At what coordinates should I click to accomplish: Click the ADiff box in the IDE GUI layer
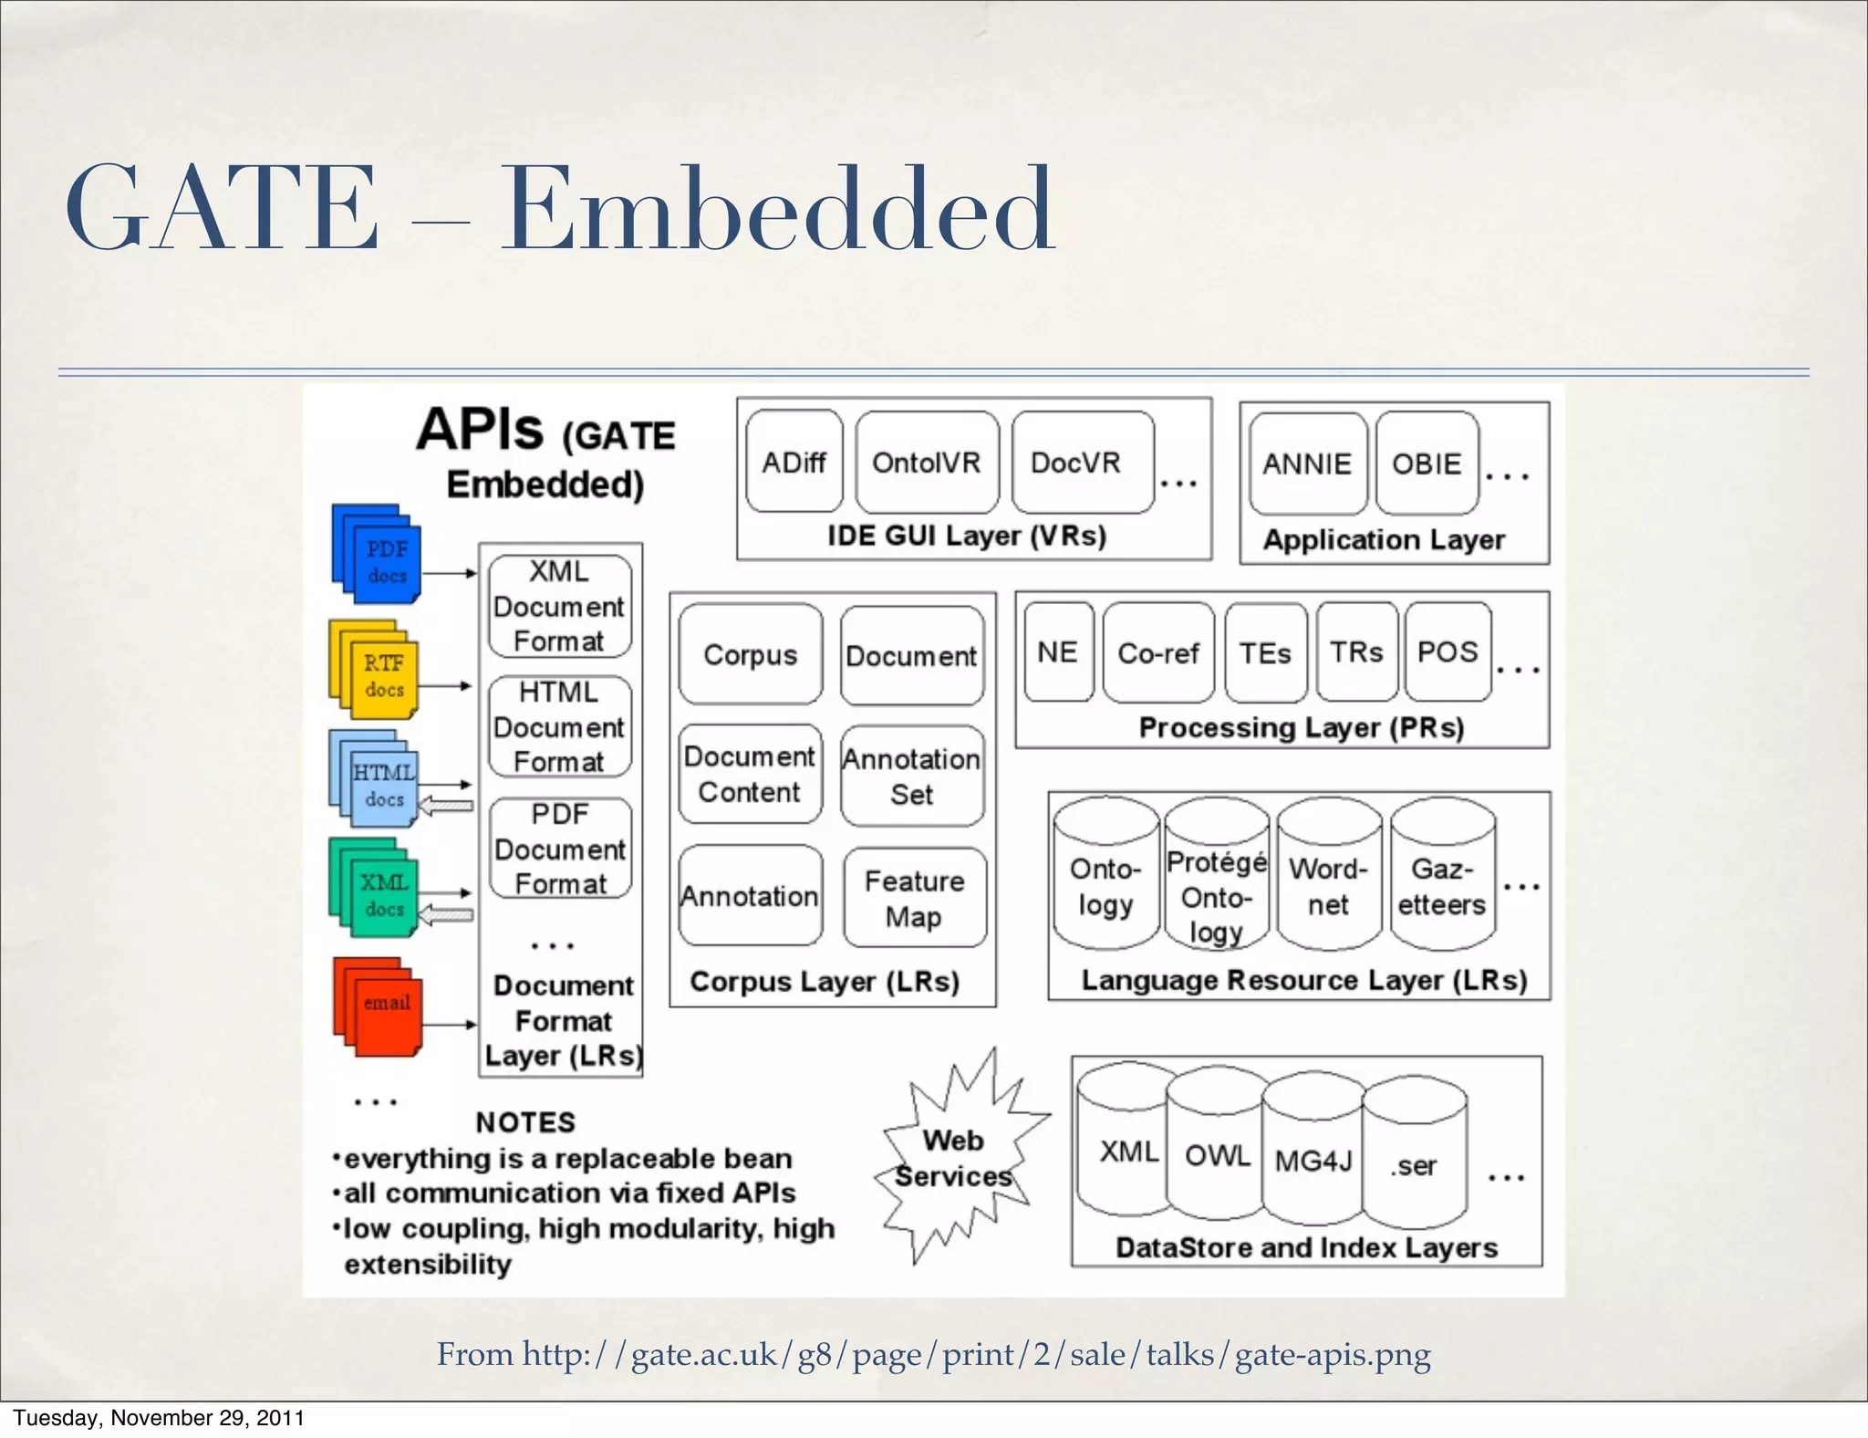pyautogui.click(x=794, y=462)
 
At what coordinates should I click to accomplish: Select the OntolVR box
pyautogui.click(x=926, y=462)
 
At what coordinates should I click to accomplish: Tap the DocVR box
pyautogui.click(x=1082, y=462)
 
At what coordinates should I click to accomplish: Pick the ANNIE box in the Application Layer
pyautogui.click(x=1307, y=464)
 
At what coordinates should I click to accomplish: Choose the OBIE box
pyautogui.click(x=1427, y=464)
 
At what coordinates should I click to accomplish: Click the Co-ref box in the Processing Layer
pyautogui.click(x=1158, y=652)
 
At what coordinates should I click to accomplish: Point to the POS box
pyautogui.click(x=1448, y=651)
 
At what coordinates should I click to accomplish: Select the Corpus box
pyautogui.click(x=750, y=654)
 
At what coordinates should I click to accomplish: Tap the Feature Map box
pyautogui.click(x=914, y=898)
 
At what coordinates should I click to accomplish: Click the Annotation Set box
pyautogui.click(x=912, y=776)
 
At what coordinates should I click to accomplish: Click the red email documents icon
pyautogui.click(x=379, y=1006)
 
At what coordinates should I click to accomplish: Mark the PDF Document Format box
pyautogui.click(x=560, y=849)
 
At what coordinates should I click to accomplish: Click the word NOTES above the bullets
pyautogui.click(x=525, y=1121)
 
